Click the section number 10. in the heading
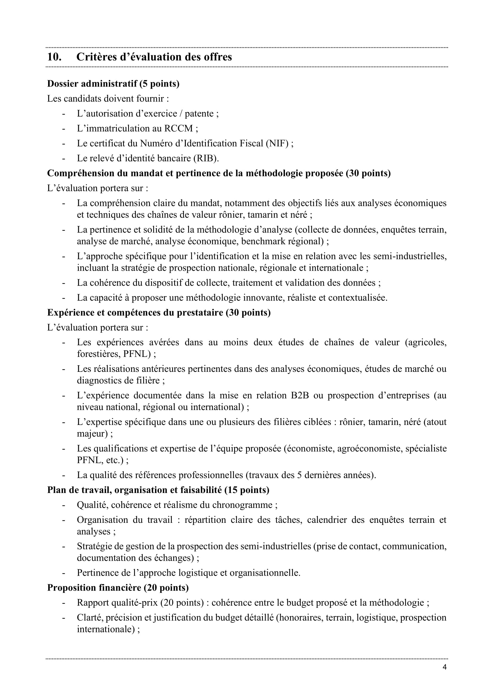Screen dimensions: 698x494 coord(54,57)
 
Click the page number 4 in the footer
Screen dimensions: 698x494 coord(444,667)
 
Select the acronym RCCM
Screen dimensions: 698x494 coord(179,128)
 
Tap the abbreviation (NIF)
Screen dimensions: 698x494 coord(277,143)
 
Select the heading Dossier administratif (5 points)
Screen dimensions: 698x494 coord(113,84)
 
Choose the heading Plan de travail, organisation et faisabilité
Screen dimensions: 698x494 coord(158,490)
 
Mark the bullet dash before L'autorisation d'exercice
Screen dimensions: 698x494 coord(64,113)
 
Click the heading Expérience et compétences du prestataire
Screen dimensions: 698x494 coord(159,312)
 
